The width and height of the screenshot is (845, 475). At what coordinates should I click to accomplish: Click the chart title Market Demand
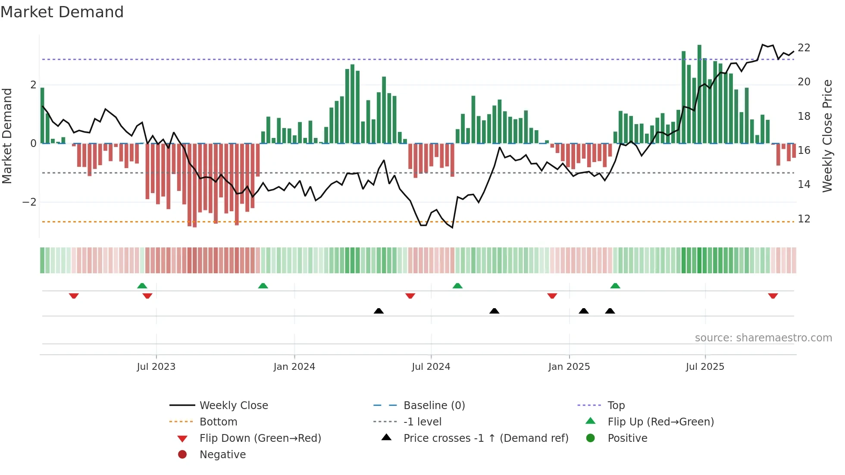tap(62, 12)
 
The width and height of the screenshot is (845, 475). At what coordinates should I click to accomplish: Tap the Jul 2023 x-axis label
tap(156, 367)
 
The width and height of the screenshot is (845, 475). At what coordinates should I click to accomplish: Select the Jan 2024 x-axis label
tap(294, 367)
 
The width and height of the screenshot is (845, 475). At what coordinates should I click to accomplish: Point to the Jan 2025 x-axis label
tap(569, 367)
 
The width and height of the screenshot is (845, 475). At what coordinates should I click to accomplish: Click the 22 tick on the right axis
tap(804, 47)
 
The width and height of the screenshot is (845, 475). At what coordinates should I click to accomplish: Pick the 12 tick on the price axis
tap(804, 219)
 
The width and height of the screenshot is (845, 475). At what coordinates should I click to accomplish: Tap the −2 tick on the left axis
tap(29, 202)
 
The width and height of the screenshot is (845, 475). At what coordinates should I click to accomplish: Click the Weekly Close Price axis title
tap(827, 136)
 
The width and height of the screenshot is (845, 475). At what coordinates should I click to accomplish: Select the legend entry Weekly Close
tap(233, 406)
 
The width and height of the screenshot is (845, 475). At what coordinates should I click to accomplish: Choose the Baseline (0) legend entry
tap(434, 406)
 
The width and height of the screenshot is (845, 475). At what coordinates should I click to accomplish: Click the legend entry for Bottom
tap(218, 422)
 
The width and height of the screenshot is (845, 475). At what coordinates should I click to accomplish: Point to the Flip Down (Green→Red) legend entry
tap(260, 438)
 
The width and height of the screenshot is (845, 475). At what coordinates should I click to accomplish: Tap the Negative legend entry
tap(222, 455)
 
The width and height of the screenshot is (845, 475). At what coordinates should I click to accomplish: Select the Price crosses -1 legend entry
tap(485, 438)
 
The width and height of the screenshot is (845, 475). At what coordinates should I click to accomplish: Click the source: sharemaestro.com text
tap(763, 338)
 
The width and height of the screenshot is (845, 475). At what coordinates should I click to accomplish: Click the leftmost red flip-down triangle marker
tap(74, 296)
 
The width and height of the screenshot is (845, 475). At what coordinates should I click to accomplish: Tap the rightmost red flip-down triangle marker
tap(773, 296)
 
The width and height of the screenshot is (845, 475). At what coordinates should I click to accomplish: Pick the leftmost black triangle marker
tap(379, 311)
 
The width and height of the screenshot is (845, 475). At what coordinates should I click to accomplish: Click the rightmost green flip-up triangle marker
tap(615, 286)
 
